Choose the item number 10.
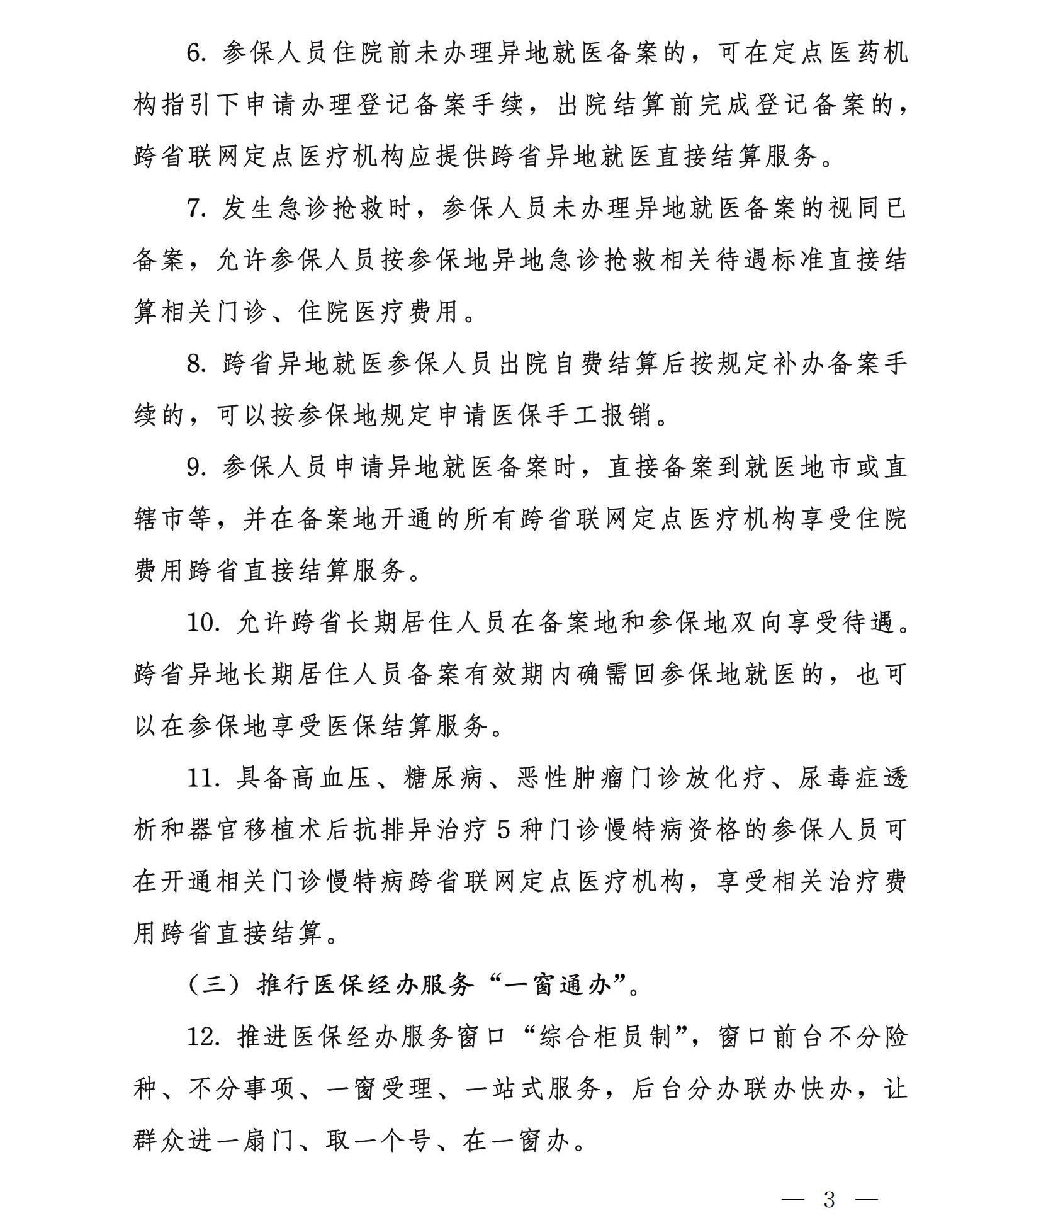pos(203,623)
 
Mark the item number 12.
pos(203,1037)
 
